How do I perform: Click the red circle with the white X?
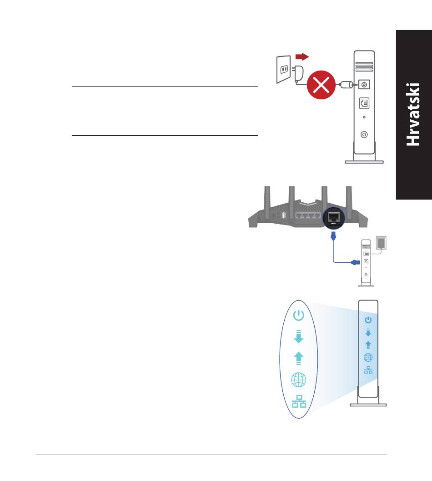(x=321, y=85)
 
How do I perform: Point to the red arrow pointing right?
(x=302, y=57)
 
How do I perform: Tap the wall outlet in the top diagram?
(x=283, y=69)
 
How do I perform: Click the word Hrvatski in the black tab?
(x=413, y=114)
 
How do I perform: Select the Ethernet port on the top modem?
(x=364, y=103)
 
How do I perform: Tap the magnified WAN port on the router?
(x=334, y=218)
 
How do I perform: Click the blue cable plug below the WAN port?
(x=333, y=236)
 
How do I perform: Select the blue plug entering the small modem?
(x=355, y=262)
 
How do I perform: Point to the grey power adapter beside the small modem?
(x=381, y=243)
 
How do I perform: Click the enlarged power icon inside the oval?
(x=298, y=315)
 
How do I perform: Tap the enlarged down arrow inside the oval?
(x=298, y=337)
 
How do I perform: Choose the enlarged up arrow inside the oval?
(x=298, y=358)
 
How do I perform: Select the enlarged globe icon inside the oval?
(x=298, y=380)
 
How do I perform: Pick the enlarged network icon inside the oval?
(x=299, y=401)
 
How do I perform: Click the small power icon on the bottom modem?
(x=368, y=320)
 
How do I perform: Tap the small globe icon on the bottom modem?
(x=368, y=358)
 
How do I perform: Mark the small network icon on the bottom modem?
(x=368, y=370)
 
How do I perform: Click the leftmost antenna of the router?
(x=267, y=198)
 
